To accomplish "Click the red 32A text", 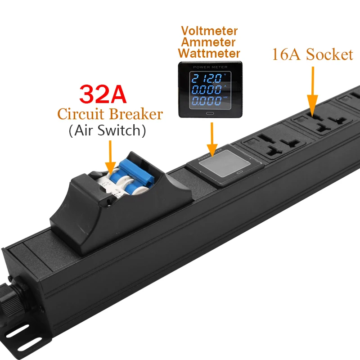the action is point(103,94).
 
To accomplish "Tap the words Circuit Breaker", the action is point(109,114).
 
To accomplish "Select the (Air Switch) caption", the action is point(107,131).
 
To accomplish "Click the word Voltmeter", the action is point(209,32).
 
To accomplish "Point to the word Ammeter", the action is point(210,42).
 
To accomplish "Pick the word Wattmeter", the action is point(209,53).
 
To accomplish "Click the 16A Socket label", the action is point(312,55).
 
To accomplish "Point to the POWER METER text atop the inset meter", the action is point(210,67).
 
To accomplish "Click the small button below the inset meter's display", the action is point(210,113).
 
